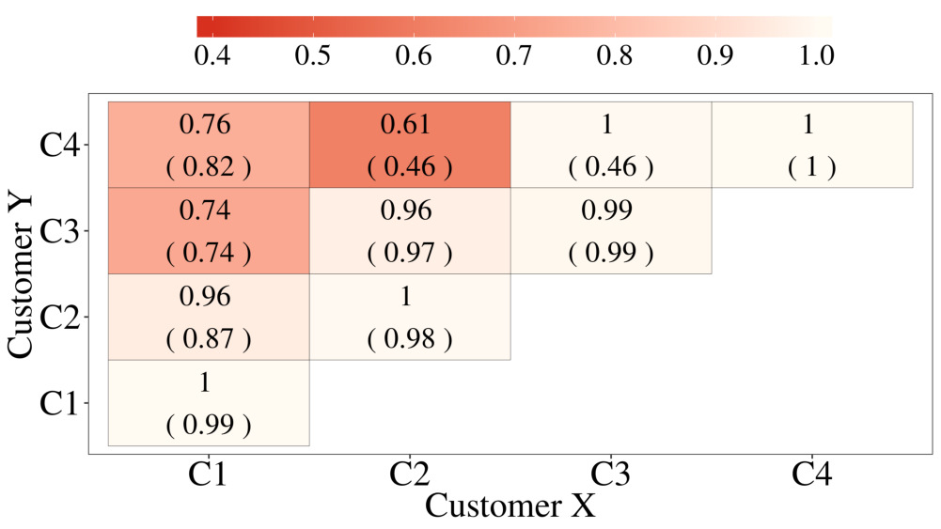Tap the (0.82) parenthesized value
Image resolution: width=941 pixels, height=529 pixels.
(209, 167)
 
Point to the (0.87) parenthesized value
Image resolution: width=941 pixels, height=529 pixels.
(209, 339)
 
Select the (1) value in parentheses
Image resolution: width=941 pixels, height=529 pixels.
(812, 167)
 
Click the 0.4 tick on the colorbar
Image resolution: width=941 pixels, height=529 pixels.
(212, 54)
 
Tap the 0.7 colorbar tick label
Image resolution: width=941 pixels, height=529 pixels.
(513, 54)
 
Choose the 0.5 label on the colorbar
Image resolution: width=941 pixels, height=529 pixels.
(312, 54)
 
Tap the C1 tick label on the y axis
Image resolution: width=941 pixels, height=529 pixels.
(65, 403)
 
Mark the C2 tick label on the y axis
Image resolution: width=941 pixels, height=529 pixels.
(65, 318)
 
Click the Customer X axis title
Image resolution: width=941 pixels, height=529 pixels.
(510, 506)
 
